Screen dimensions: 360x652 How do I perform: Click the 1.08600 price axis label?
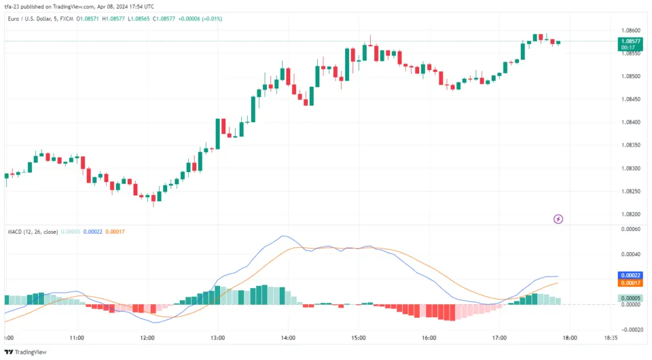(631, 31)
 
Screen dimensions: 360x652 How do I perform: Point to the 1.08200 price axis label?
(631, 214)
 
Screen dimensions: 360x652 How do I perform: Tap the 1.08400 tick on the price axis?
(631, 122)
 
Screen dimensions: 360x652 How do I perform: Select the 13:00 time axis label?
(217, 338)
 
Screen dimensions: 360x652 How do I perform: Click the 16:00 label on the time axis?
(429, 338)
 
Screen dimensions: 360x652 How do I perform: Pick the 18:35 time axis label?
(611, 338)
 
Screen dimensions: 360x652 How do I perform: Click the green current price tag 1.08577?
(631, 41)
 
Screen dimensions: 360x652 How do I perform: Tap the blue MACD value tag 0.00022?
(631, 275)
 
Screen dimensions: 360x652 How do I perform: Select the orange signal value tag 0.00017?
(631, 283)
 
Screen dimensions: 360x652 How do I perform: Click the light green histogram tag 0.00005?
(631, 298)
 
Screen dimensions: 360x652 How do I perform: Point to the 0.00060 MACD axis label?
(631, 229)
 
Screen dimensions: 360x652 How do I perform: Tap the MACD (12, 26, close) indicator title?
(33, 232)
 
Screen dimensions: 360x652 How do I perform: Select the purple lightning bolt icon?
(558, 219)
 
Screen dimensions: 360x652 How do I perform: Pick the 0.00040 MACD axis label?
(631, 254)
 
